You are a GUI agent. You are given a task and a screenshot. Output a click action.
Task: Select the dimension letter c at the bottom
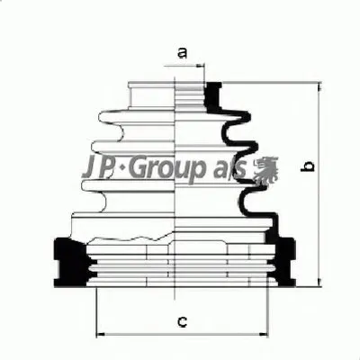click(x=181, y=321)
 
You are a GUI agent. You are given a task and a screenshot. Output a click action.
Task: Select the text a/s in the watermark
click(x=229, y=168)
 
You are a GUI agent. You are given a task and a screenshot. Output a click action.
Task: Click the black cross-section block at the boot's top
click(x=213, y=90)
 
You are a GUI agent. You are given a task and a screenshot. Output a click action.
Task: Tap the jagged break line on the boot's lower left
click(x=135, y=239)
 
